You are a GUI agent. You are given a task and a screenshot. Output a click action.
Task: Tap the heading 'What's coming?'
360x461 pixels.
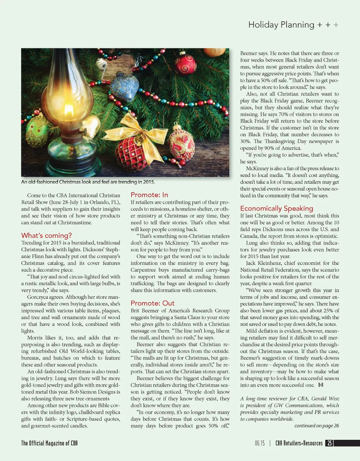(46, 235)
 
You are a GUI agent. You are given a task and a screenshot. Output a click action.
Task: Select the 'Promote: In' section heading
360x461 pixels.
(149, 195)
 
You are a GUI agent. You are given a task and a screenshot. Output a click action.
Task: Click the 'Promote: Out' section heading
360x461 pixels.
(153, 303)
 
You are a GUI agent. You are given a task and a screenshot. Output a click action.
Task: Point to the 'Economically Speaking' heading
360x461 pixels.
(277, 208)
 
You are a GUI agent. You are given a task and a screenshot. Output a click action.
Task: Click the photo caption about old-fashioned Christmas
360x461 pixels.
(88, 182)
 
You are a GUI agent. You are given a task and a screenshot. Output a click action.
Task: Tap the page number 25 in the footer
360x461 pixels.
(329, 443)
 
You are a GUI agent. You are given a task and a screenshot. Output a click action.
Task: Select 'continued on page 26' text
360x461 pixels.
(316, 426)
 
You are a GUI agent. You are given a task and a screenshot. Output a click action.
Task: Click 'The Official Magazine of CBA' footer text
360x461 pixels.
(49, 443)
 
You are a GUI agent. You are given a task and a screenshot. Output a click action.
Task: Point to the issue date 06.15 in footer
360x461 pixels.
(260, 443)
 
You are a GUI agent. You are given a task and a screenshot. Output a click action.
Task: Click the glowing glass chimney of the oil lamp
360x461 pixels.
(65, 95)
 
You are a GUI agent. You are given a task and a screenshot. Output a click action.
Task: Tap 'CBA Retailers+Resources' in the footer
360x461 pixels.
(299, 443)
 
